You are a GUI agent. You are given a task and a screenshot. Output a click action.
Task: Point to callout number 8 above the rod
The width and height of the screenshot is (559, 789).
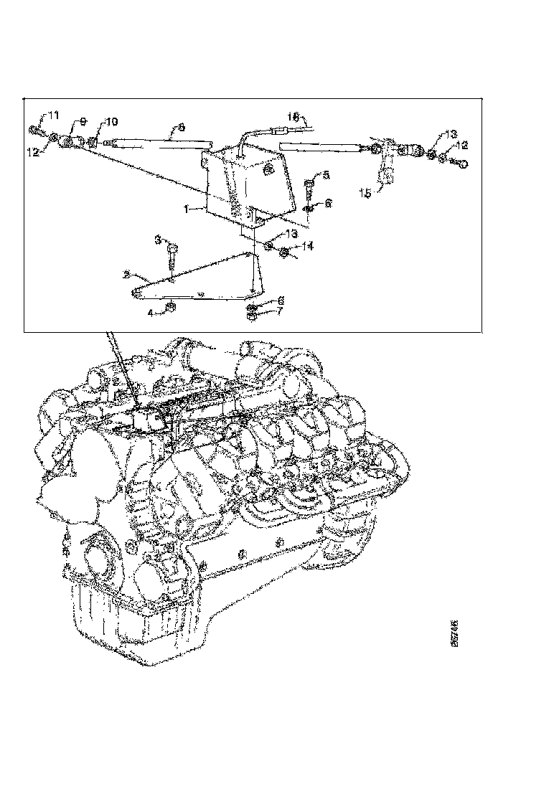[180, 127]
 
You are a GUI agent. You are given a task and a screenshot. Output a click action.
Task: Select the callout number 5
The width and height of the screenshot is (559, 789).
[326, 175]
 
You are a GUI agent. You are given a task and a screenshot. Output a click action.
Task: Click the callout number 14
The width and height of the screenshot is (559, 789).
[308, 245]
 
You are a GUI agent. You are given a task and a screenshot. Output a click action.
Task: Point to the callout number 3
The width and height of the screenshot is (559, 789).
[160, 240]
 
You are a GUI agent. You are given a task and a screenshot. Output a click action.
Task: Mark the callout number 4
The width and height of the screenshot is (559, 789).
[151, 312]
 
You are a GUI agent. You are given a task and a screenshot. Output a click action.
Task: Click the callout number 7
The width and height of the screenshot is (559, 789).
[281, 311]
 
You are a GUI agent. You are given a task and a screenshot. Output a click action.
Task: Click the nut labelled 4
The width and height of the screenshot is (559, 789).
[172, 308]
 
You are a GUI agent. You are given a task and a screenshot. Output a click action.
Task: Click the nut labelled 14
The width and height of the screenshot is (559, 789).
[285, 252]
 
